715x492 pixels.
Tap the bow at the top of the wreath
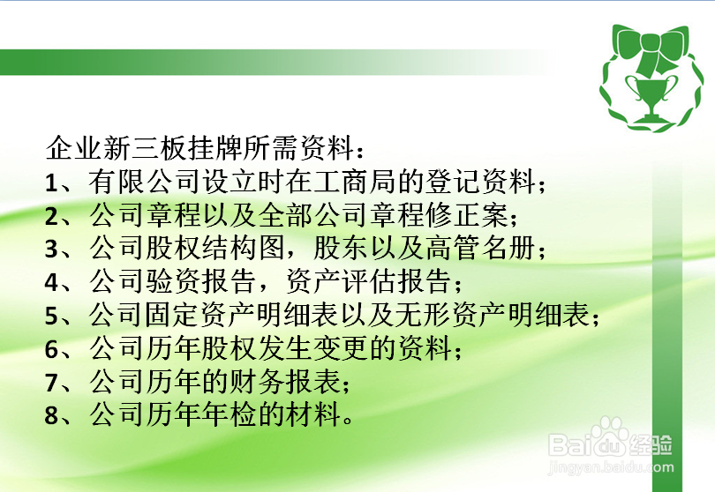tap(649, 48)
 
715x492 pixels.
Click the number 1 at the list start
tap(50, 183)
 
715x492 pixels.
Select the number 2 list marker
tap(51, 216)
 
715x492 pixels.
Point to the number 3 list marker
tap(51, 250)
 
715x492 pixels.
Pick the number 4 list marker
tap(51, 283)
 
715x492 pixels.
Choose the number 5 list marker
tap(51, 316)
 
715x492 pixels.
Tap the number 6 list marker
tap(51, 349)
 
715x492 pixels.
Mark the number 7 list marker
tap(51, 383)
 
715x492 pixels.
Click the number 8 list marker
tap(51, 416)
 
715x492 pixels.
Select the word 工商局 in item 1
tap(355, 182)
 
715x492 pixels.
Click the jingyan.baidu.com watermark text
tap(611, 467)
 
